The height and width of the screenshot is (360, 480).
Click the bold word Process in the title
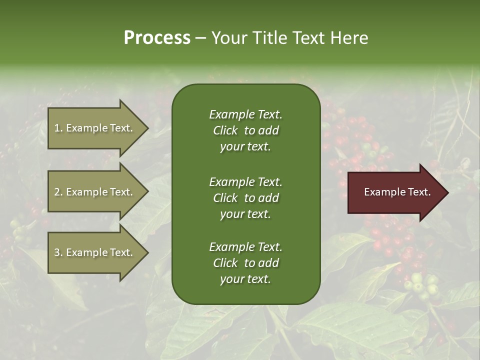click(157, 38)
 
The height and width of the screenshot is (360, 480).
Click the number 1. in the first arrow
click(58, 128)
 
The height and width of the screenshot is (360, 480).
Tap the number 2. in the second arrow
click(58, 192)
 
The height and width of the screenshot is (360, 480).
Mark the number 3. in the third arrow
click(58, 252)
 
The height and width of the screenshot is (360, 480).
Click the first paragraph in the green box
click(245, 130)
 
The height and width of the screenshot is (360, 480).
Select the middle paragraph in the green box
click(245, 198)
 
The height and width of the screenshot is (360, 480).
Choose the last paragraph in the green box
click(245, 263)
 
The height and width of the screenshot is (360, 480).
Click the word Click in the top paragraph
click(225, 130)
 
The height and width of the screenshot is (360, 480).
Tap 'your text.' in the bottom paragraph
click(245, 279)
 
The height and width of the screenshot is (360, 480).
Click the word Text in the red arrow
click(419, 192)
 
